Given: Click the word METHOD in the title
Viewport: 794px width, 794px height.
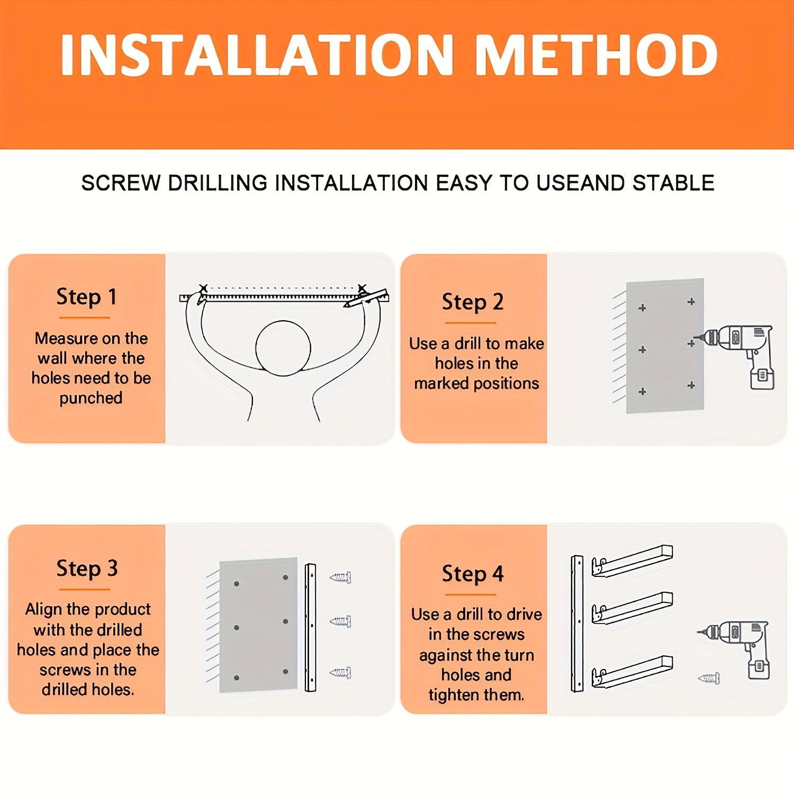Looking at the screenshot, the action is point(597,55).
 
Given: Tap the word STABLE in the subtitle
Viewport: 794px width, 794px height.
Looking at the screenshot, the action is point(673,183).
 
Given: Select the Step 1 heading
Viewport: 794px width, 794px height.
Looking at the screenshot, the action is point(86,297).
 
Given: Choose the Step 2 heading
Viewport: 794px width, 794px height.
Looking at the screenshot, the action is point(473,302).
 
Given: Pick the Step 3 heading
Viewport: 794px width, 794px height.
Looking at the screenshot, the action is point(87,569).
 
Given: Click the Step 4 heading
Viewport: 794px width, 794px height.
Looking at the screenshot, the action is point(473,574).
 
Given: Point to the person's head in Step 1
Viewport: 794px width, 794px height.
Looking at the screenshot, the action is point(283,348).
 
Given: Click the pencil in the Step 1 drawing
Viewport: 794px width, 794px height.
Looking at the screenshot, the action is point(366,298).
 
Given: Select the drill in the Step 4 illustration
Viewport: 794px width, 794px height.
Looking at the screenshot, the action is point(735,649).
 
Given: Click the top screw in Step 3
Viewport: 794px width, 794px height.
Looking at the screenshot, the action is point(340,577).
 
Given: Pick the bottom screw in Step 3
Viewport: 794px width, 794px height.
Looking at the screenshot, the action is point(340,673).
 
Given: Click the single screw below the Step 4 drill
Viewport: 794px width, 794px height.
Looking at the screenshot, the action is point(709,678).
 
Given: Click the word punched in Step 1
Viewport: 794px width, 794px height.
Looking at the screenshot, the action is point(91,399).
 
